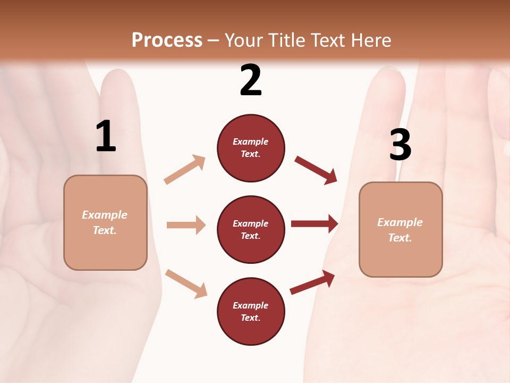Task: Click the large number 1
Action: click(106, 136)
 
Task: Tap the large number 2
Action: click(251, 80)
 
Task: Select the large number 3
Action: click(400, 145)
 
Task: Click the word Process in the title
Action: click(167, 40)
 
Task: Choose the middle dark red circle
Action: click(251, 229)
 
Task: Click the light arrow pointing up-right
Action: click(185, 169)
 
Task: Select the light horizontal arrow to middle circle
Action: click(186, 225)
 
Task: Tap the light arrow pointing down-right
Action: click(186, 284)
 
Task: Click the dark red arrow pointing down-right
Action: click(316, 170)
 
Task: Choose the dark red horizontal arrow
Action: click(314, 223)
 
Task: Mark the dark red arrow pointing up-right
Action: click(312, 282)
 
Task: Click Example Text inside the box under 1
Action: click(105, 222)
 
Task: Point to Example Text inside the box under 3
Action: click(400, 230)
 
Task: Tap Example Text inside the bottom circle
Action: click(251, 311)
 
